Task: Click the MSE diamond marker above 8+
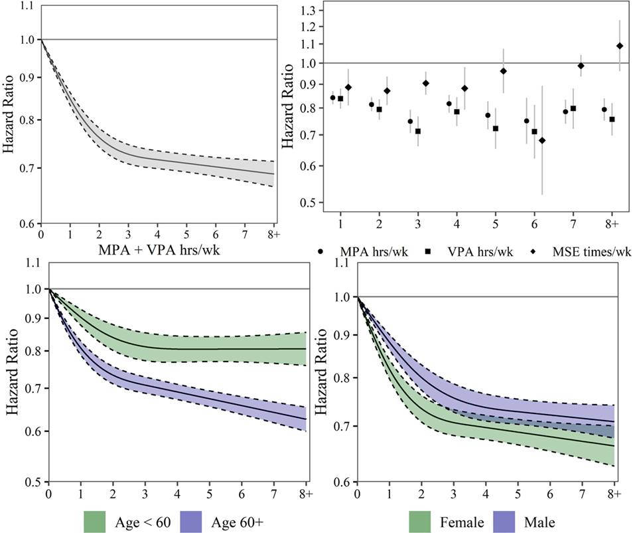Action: point(620,46)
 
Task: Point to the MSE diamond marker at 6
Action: point(542,140)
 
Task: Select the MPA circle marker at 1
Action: point(332,98)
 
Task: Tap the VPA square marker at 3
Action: point(418,131)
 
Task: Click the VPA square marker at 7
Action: point(573,108)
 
